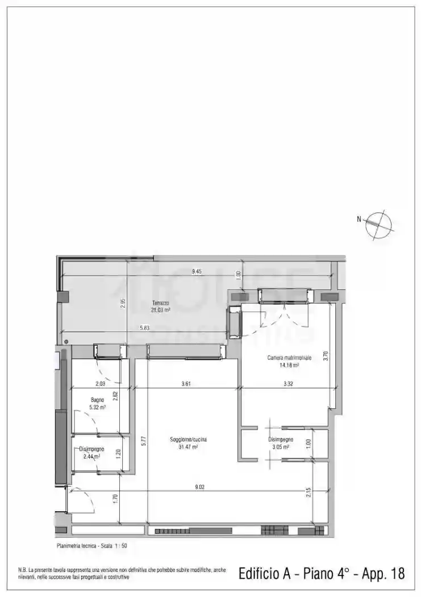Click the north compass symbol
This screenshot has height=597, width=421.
point(379,223)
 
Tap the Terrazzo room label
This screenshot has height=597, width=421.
point(160,306)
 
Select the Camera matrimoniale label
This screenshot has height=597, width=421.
point(289,362)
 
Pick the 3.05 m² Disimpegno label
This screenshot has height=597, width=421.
point(281,443)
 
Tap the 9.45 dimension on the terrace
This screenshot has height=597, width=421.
point(197,271)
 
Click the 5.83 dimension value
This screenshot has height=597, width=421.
point(145,326)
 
